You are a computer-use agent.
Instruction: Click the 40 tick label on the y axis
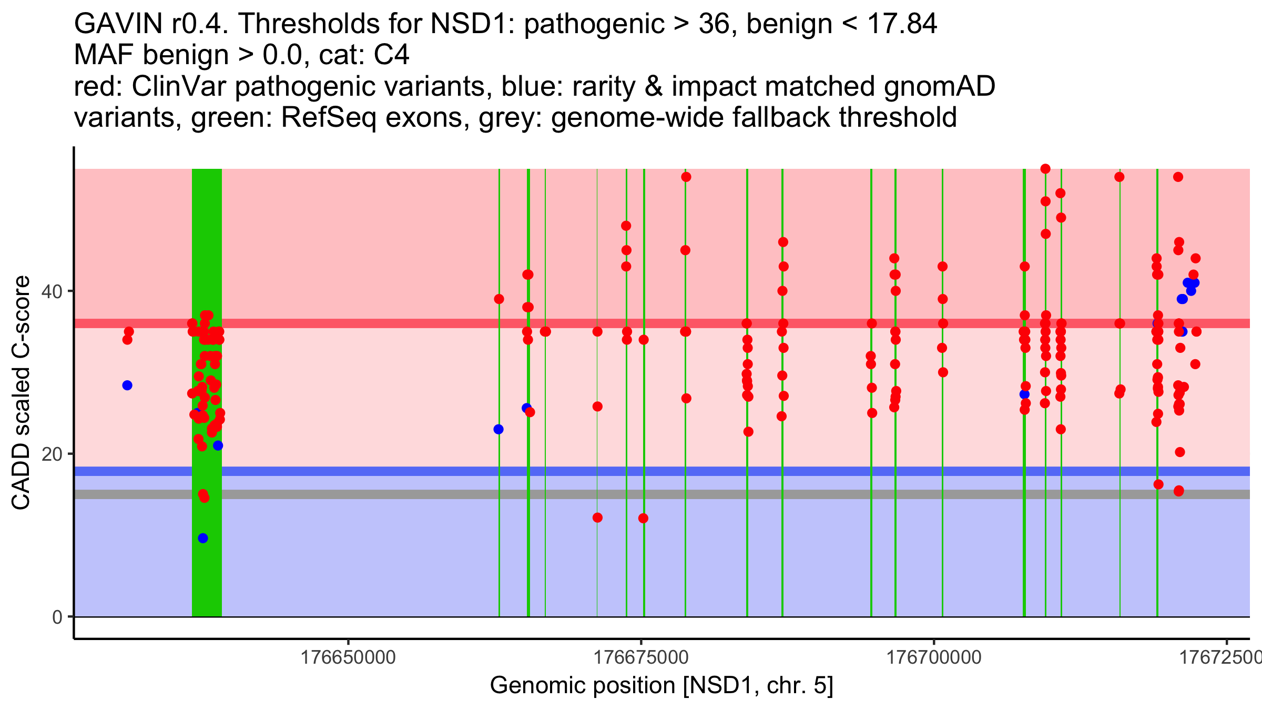(x=52, y=291)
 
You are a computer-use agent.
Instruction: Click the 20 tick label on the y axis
(x=52, y=454)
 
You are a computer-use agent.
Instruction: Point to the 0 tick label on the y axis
(x=57, y=617)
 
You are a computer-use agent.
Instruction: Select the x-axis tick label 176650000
(x=348, y=657)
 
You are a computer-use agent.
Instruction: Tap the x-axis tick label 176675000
(x=641, y=657)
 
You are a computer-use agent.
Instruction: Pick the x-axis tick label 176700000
(x=934, y=657)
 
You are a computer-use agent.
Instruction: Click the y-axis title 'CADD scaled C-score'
(x=21, y=392)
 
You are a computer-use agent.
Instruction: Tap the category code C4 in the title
(x=391, y=55)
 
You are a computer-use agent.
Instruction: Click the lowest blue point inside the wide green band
(x=203, y=538)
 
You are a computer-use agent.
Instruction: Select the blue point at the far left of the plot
(x=127, y=386)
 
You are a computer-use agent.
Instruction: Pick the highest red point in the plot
(x=1045, y=169)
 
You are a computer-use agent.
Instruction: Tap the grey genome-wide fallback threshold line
(x=631, y=494)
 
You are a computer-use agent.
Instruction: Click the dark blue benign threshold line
(x=631, y=471)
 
